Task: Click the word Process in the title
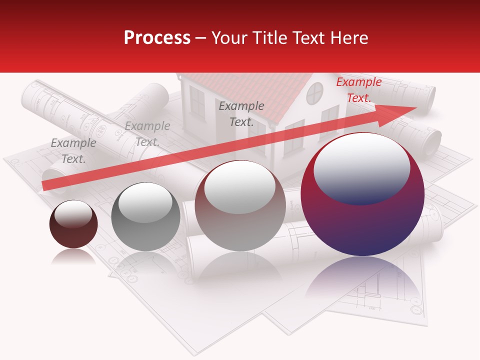click(157, 38)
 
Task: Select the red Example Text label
click(358, 90)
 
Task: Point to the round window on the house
click(315, 93)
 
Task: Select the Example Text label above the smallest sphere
click(73, 151)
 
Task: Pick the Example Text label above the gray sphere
click(147, 134)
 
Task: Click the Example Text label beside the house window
click(241, 113)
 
